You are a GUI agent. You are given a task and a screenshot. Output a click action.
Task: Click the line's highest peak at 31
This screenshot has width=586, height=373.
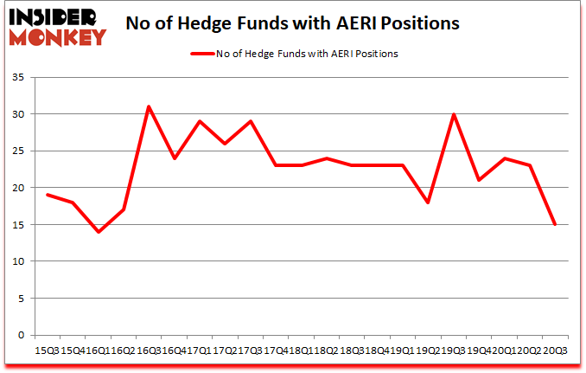click(x=149, y=106)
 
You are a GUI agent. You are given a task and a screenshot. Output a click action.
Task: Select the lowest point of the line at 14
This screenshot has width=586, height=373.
click(x=98, y=232)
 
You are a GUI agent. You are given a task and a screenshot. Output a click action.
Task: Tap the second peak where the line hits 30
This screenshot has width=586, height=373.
click(x=453, y=114)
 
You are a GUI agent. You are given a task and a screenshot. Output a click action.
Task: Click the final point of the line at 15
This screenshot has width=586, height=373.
click(x=554, y=224)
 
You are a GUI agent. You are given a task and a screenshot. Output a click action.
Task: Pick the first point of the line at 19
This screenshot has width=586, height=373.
click(x=48, y=195)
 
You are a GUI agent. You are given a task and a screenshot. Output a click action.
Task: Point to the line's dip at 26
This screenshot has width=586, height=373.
click(x=225, y=144)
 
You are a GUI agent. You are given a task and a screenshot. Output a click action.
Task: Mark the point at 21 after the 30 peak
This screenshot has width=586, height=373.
click(x=478, y=180)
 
